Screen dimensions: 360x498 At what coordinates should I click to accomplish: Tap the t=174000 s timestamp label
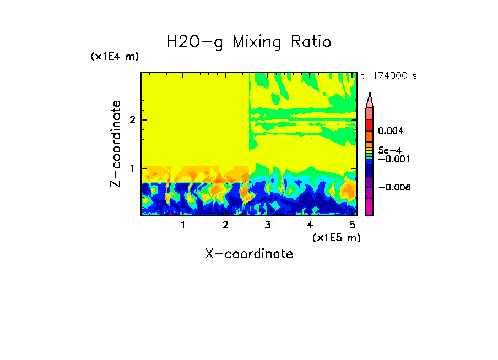click(x=389, y=76)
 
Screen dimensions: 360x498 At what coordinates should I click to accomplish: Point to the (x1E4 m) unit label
click(x=115, y=57)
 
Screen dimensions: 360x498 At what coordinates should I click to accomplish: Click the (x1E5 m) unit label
click(x=336, y=237)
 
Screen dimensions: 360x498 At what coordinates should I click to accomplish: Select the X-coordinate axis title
click(x=249, y=254)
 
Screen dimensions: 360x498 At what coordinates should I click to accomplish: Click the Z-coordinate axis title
click(x=116, y=144)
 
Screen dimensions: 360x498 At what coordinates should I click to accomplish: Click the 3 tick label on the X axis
click(x=268, y=225)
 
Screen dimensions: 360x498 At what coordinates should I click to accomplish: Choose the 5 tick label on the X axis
click(x=352, y=225)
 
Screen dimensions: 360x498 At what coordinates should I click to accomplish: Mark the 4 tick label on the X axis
click(x=310, y=225)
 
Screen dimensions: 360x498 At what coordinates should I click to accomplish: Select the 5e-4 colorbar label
click(x=389, y=150)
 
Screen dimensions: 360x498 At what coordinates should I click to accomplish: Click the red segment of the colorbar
click(x=369, y=125)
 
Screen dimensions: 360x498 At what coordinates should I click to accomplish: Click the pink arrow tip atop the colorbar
click(x=369, y=100)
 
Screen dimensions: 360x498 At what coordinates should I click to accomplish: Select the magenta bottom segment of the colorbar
click(x=369, y=207)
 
